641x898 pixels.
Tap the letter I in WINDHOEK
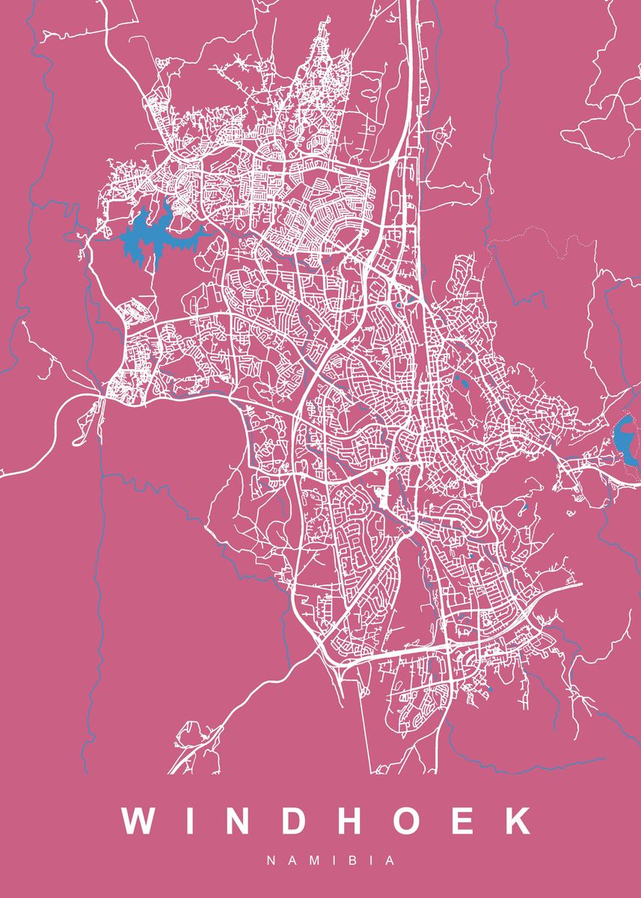(188, 821)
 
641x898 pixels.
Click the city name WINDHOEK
(328, 821)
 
